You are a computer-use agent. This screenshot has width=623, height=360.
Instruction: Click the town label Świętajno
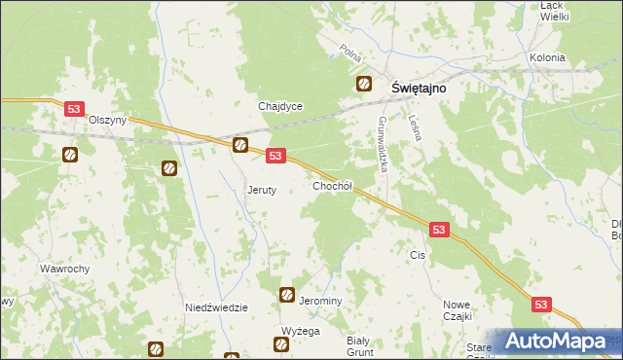click(419, 87)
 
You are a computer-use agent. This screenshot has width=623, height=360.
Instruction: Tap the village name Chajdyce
click(280, 106)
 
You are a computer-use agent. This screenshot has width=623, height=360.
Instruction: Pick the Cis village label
click(419, 255)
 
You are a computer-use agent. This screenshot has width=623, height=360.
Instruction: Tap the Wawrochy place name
click(65, 269)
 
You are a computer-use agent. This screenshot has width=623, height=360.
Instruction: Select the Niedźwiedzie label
click(217, 307)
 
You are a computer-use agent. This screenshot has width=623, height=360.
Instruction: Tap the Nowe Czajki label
click(457, 310)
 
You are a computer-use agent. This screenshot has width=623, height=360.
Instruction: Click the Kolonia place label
click(547, 57)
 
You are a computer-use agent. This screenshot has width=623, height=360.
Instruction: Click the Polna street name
click(350, 51)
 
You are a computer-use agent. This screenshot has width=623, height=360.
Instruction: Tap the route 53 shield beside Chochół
click(275, 156)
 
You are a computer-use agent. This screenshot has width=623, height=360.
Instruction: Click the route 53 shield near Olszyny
click(74, 110)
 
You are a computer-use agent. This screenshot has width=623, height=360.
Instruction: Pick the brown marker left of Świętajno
click(364, 84)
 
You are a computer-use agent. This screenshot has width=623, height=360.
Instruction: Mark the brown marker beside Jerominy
click(287, 295)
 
